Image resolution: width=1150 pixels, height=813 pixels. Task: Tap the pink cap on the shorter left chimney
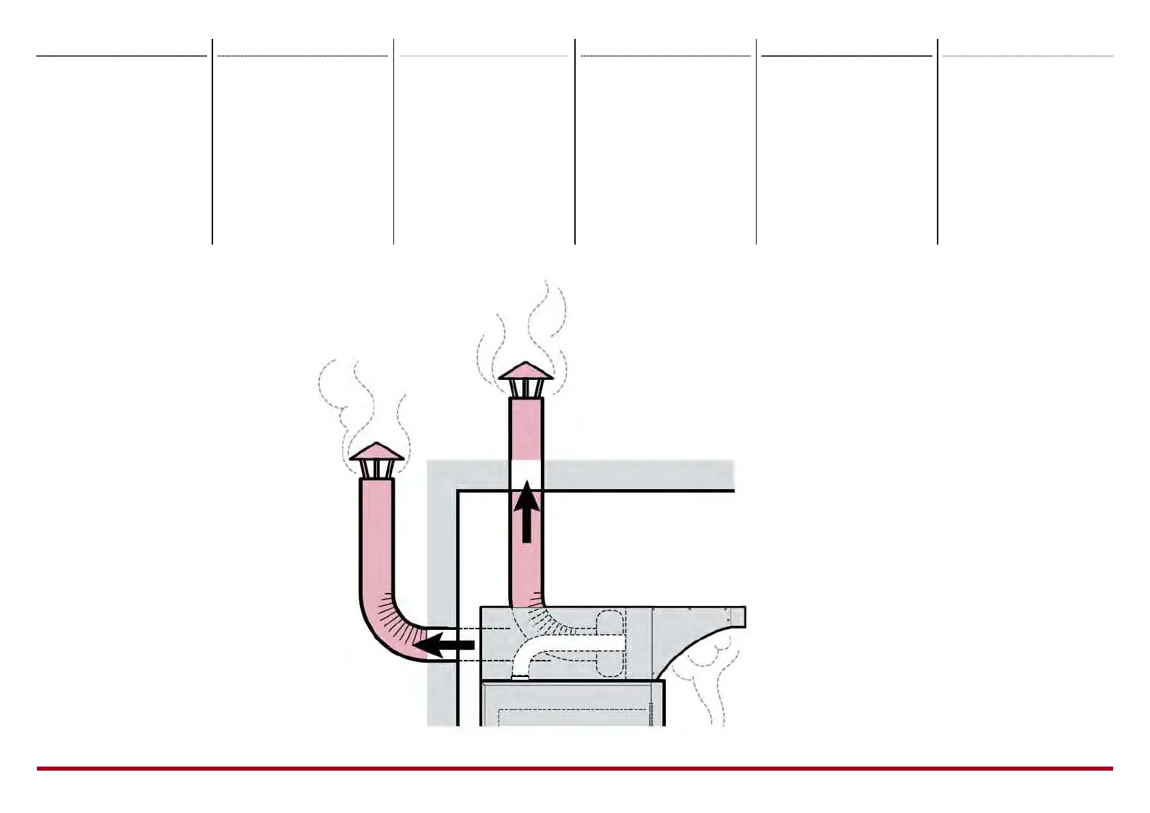[x=376, y=452]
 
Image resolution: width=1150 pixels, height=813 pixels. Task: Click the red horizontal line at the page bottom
[x=574, y=769]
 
